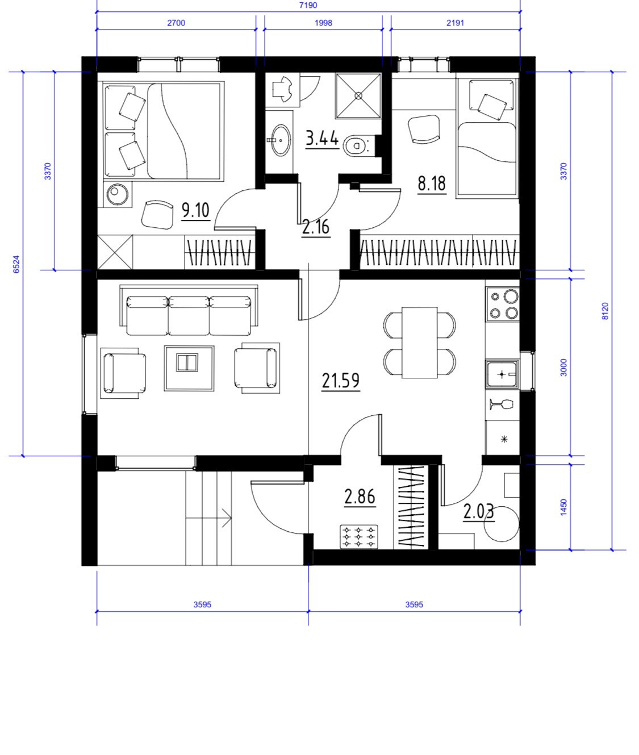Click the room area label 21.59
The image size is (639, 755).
(x=341, y=380)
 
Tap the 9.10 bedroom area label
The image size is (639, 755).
(x=196, y=210)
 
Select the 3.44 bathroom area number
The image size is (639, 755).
(x=322, y=139)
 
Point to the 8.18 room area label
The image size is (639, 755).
(x=432, y=183)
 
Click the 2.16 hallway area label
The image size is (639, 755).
(x=316, y=227)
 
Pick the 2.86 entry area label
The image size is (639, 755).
(x=360, y=497)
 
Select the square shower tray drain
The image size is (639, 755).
(x=358, y=95)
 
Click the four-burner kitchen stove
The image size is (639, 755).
(x=502, y=304)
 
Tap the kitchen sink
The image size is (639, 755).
(x=502, y=374)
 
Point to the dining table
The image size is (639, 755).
(x=420, y=343)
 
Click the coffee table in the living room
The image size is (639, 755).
(x=189, y=368)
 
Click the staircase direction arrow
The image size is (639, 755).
(x=208, y=518)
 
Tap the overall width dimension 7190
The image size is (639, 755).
(x=308, y=5)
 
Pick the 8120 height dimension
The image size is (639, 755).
(x=605, y=311)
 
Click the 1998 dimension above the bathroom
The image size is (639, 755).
(x=324, y=23)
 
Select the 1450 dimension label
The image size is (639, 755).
(x=563, y=507)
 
